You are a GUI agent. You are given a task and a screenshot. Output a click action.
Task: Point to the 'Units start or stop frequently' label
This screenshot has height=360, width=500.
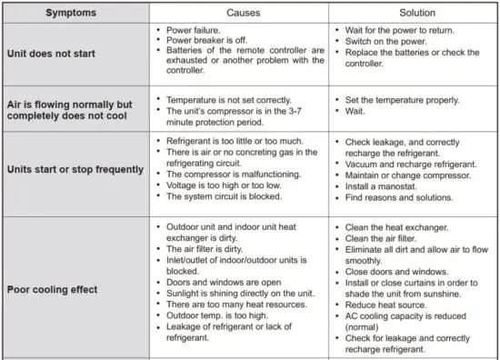(x=75, y=168)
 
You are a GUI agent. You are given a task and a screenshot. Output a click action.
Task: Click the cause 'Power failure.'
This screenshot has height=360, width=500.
(x=197, y=30)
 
